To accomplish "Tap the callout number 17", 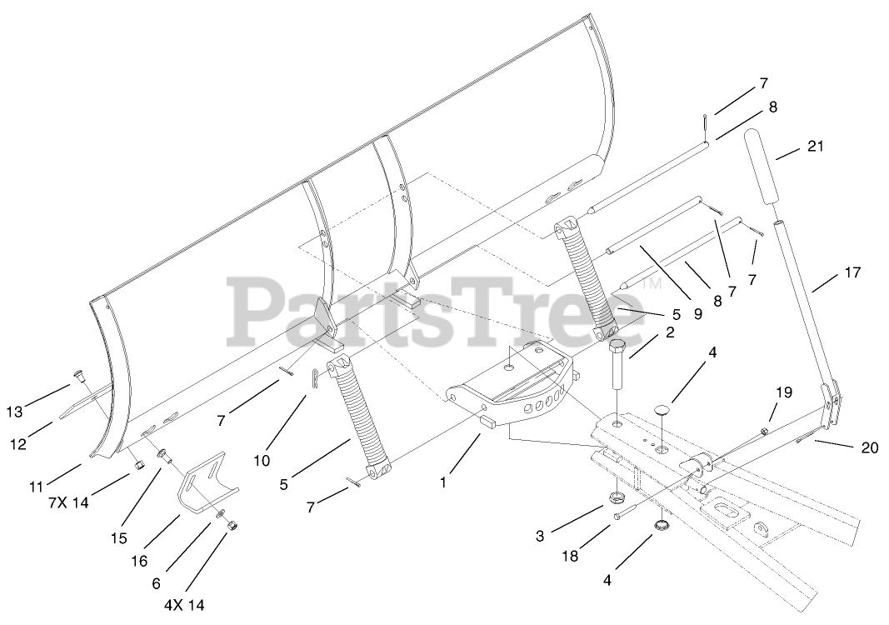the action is (852, 272).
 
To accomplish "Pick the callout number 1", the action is (444, 482).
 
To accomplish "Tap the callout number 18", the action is (569, 553).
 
